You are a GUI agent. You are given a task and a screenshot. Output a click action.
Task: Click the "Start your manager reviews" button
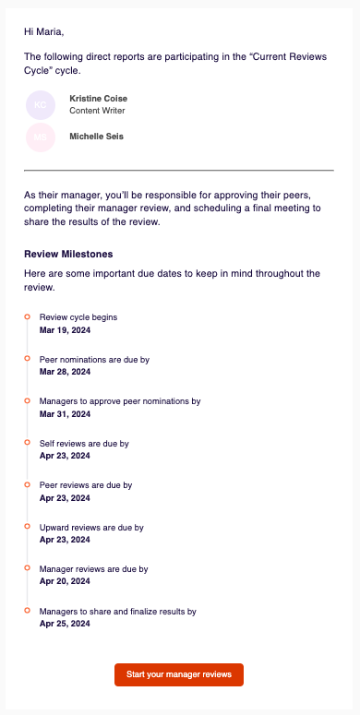pos(179,674)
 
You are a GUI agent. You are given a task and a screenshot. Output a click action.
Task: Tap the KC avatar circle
pos(41,105)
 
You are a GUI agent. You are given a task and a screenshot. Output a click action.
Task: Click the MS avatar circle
pos(41,137)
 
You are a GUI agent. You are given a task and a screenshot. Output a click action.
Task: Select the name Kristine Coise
pos(98,99)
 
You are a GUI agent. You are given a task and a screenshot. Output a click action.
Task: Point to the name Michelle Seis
pos(96,137)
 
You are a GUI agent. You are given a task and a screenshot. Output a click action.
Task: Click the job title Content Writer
pos(97,111)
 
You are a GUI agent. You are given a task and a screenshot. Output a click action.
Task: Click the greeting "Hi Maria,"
pos(44,32)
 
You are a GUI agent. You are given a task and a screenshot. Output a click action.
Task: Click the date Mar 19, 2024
pos(65,329)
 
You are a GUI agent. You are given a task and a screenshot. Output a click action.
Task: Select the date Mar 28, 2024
pos(65,372)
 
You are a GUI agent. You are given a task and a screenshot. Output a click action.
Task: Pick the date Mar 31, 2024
pos(65,414)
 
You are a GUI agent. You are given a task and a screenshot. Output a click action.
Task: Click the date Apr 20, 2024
pos(65,581)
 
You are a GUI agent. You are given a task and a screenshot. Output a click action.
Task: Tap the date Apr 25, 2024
pos(65,624)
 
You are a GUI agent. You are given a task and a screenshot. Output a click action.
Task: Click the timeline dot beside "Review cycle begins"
pos(27,316)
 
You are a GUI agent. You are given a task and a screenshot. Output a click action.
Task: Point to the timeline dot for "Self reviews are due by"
pos(27,443)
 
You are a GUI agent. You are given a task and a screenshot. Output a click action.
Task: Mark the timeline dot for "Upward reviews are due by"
pos(27,527)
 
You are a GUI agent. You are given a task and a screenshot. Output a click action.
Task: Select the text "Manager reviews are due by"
pos(93,569)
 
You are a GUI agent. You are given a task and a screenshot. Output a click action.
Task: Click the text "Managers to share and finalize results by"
pos(117,612)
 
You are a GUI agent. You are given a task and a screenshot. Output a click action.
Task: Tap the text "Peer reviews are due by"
pos(86,485)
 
